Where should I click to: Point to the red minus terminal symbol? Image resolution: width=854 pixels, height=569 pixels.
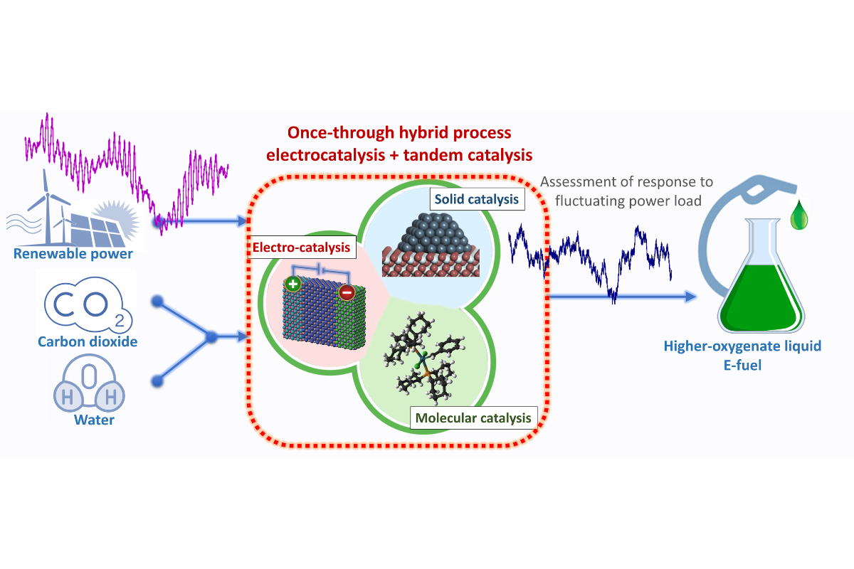click(x=345, y=292)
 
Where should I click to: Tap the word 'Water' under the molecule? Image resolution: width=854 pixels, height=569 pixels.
click(x=94, y=420)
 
